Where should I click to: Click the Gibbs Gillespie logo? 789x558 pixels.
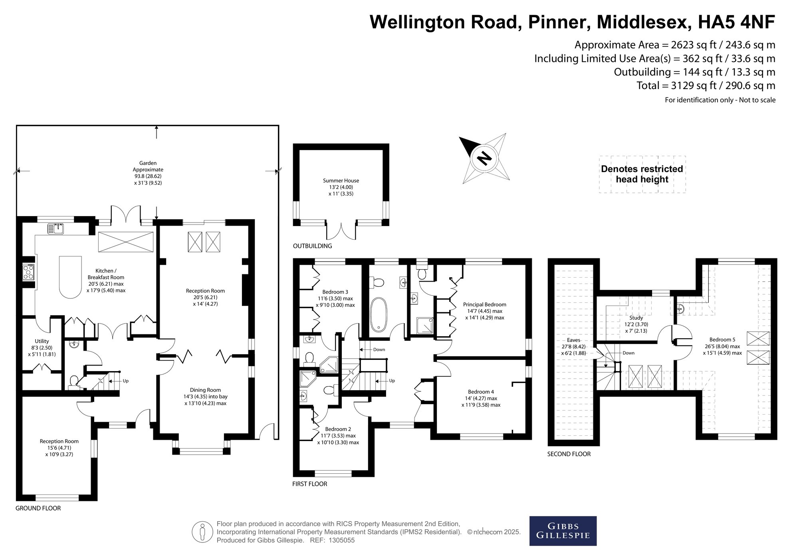(563, 531)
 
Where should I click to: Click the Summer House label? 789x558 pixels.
(341, 181)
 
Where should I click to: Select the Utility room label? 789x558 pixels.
(42, 341)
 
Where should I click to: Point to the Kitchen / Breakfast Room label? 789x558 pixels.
(106, 274)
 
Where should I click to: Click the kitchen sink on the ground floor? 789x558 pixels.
(56, 228)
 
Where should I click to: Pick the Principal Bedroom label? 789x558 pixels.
(485, 304)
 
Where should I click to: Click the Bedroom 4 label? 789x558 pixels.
(481, 392)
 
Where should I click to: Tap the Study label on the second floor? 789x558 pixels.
(636, 318)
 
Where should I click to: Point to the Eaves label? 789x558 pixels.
(574, 340)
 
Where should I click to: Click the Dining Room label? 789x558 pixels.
(206, 390)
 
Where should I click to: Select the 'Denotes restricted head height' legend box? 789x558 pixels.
(642, 175)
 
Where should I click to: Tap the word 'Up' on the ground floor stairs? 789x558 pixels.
(126, 381)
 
